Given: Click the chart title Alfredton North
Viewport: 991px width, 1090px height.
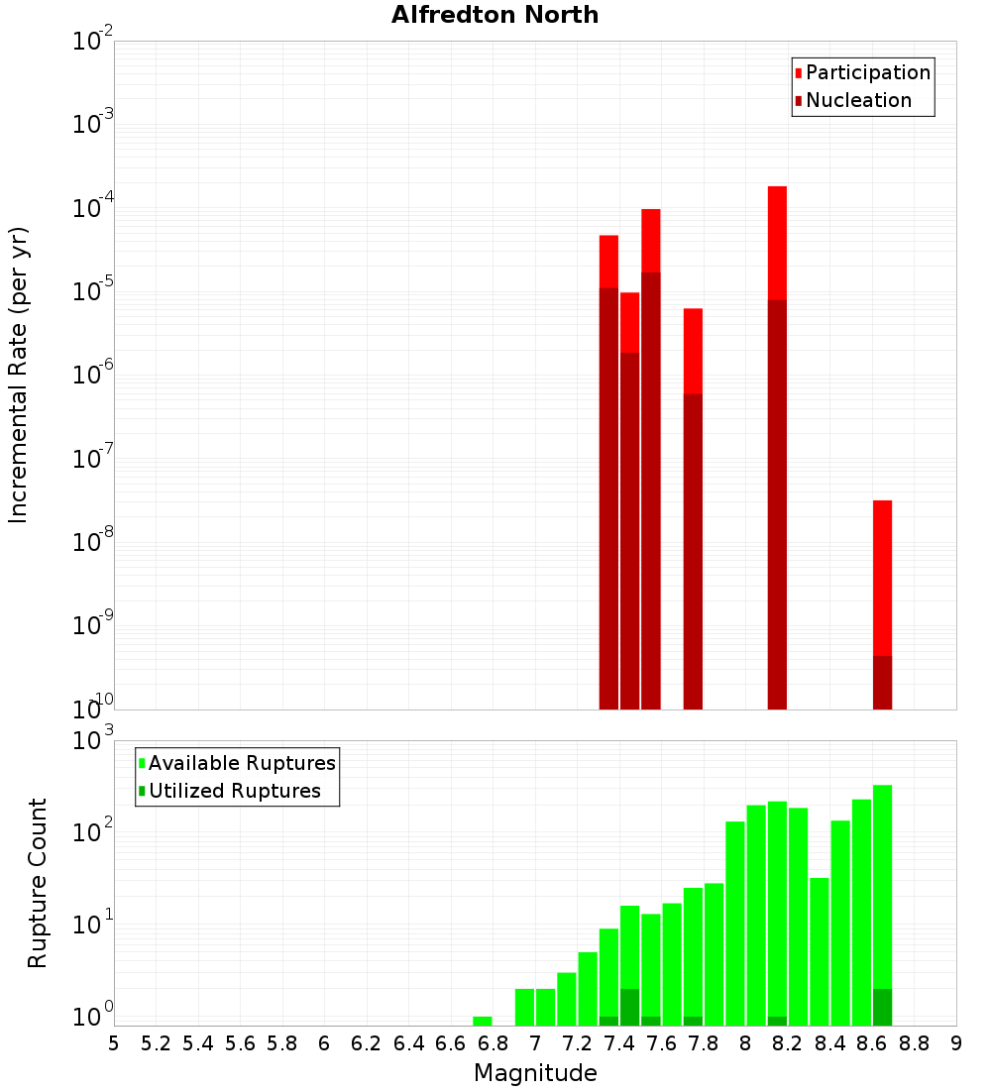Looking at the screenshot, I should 495,15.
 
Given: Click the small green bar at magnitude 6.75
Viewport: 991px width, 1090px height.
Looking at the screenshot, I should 483,1021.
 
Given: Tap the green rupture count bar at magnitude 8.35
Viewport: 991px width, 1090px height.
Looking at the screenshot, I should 820,951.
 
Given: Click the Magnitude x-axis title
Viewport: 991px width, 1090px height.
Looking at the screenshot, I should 535,1073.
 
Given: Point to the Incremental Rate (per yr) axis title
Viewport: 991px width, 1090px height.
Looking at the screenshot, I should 19,375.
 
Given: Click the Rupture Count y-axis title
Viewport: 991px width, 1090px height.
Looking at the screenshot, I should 38,883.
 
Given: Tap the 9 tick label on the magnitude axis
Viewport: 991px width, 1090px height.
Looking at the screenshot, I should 956,1043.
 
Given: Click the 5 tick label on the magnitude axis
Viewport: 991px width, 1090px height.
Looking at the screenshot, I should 114,1043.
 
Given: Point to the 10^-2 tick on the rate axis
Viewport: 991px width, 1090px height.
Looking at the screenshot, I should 89,43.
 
